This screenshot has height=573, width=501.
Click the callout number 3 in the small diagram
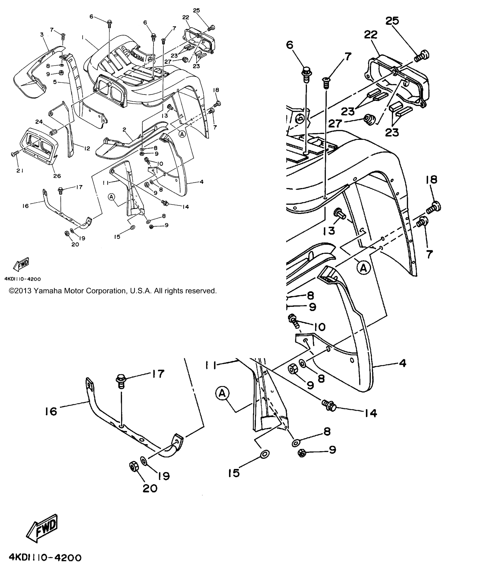[x=42, y=35]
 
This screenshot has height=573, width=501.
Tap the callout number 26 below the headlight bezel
[x=57, y=176]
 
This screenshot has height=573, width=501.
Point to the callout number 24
[x=39, y=121]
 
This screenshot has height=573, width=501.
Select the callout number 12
[x=87, y=148]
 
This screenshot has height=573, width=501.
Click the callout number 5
[x=55, y=82]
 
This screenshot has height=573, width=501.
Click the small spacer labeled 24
[x=53, y=131]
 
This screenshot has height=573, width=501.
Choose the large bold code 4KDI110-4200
[x=45, y=558]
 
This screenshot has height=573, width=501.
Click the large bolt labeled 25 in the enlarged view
[x=421, y=56]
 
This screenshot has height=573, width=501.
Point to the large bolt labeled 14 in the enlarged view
[x=329, y=406]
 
